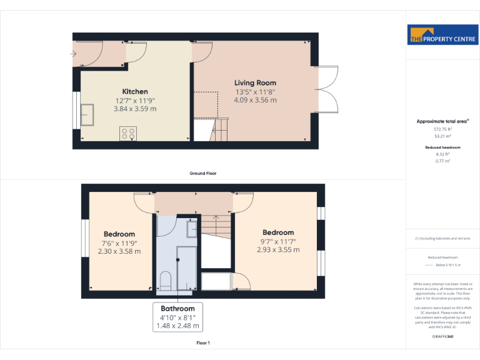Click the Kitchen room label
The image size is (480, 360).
135,92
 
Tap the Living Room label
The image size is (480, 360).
255,83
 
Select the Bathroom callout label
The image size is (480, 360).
178,309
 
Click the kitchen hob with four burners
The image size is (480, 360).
128,133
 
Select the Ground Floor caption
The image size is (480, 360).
202,173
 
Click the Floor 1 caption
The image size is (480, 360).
202,343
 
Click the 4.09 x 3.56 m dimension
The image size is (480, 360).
255,99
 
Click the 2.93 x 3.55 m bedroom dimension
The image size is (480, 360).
278,250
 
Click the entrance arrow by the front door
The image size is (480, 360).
75,53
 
